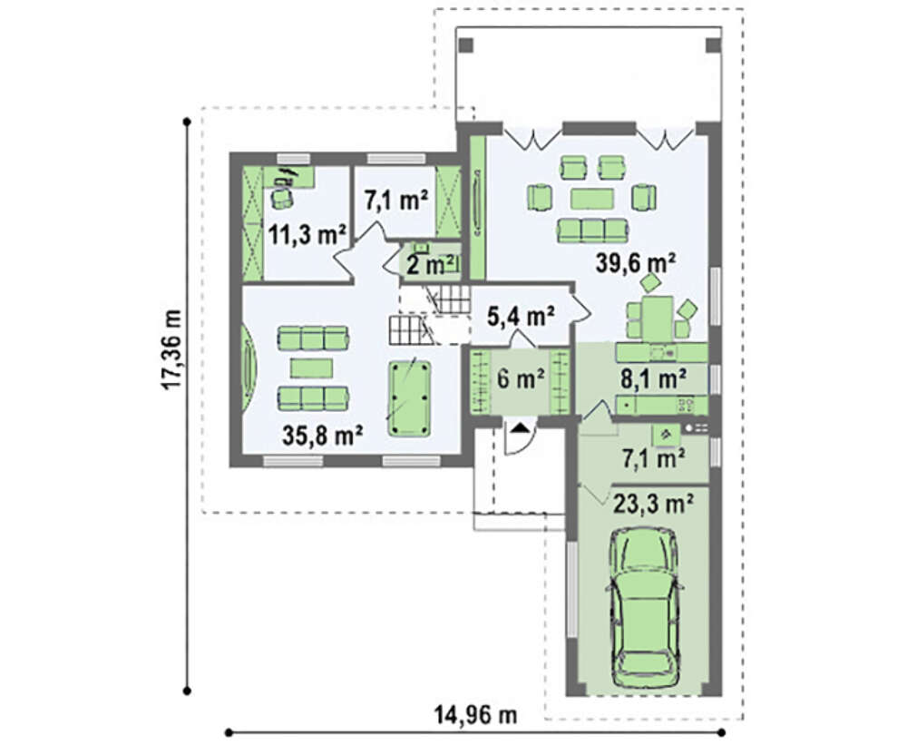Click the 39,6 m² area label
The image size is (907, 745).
(x=636, y=263)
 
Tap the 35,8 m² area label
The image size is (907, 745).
(x=323, y=435)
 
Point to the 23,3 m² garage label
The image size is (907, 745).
(x=653, y=504)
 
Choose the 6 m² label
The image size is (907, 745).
(x=521, y=378)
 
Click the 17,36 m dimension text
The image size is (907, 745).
(x=173, y=350)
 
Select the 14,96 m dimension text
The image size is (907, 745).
(x=475, y=715)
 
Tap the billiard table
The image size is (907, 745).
(x=410, y=398)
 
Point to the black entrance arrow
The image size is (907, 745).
(x=520, y=427)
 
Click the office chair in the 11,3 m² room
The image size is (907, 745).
(x=282, y=197)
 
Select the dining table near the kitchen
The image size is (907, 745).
(x=658, y=318)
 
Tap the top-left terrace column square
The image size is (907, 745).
(x=466, y=45)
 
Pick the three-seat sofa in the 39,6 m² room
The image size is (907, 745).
(x=592, y=230)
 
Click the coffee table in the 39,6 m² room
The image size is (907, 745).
(x=591, y=198)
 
